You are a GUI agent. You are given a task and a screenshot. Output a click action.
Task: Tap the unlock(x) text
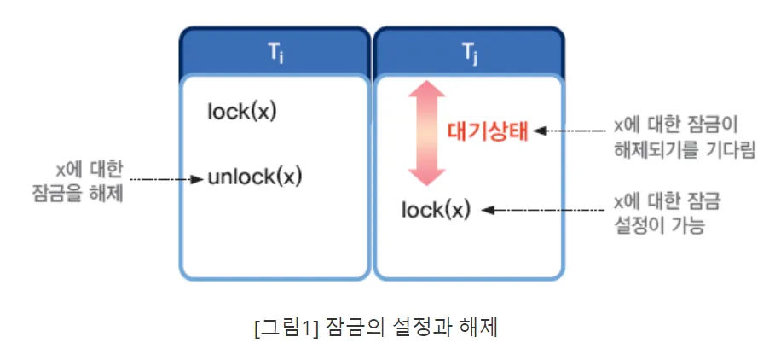click(255, 178)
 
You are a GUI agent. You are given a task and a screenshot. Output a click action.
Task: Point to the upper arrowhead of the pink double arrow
click(425, 93)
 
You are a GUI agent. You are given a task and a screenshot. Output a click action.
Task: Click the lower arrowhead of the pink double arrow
click(425, 174)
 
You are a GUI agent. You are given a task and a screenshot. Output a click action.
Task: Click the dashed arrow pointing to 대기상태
click(570, 131)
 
